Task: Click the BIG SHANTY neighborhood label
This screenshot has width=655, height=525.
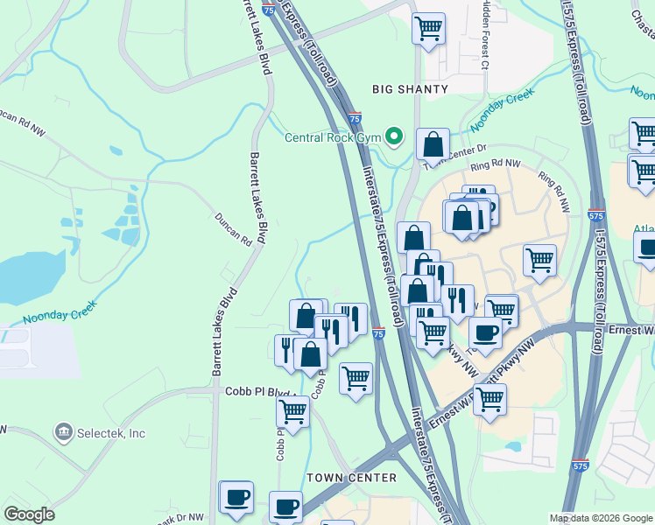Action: click(410, 89)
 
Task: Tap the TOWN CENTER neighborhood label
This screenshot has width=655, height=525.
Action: click(351, 478)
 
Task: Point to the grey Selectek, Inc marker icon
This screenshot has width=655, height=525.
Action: click(62, 431)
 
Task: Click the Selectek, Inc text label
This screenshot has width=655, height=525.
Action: click(110, 432)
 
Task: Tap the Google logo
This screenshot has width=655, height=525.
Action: click(29, 514)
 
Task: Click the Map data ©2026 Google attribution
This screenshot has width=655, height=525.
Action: click(600, 518)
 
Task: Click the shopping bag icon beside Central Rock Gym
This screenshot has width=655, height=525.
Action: click(433, 143)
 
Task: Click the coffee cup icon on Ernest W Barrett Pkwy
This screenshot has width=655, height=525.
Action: click(485, 332)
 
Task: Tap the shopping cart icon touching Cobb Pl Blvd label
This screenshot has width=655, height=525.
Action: click(292, 411)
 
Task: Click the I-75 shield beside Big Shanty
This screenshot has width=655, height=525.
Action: click(355, 116)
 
